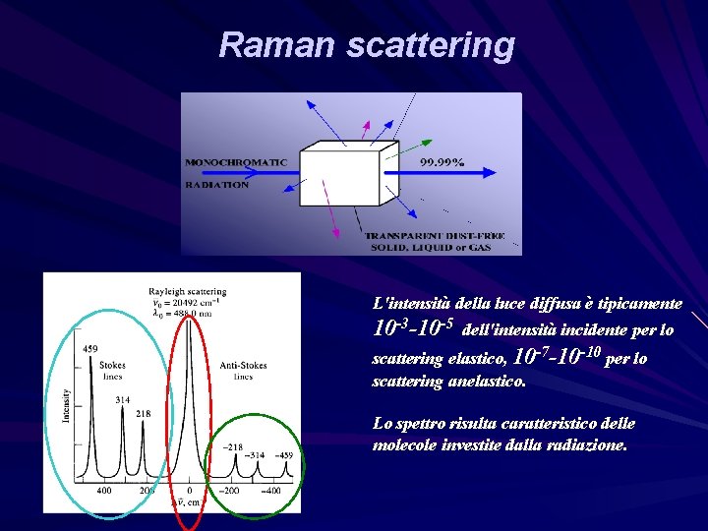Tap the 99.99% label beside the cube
[442, 162]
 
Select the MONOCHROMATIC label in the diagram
[236, 162]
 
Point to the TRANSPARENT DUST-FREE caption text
[429, 236]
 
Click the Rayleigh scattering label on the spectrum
[187, 291]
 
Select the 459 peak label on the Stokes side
[90, 349]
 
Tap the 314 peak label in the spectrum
[123, 400]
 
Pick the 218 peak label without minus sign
[144, 413]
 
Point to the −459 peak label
[283, 455]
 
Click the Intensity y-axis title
[67, 404]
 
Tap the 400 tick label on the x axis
[103, 490]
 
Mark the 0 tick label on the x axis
[190, 490]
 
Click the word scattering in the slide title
[430, 44]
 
